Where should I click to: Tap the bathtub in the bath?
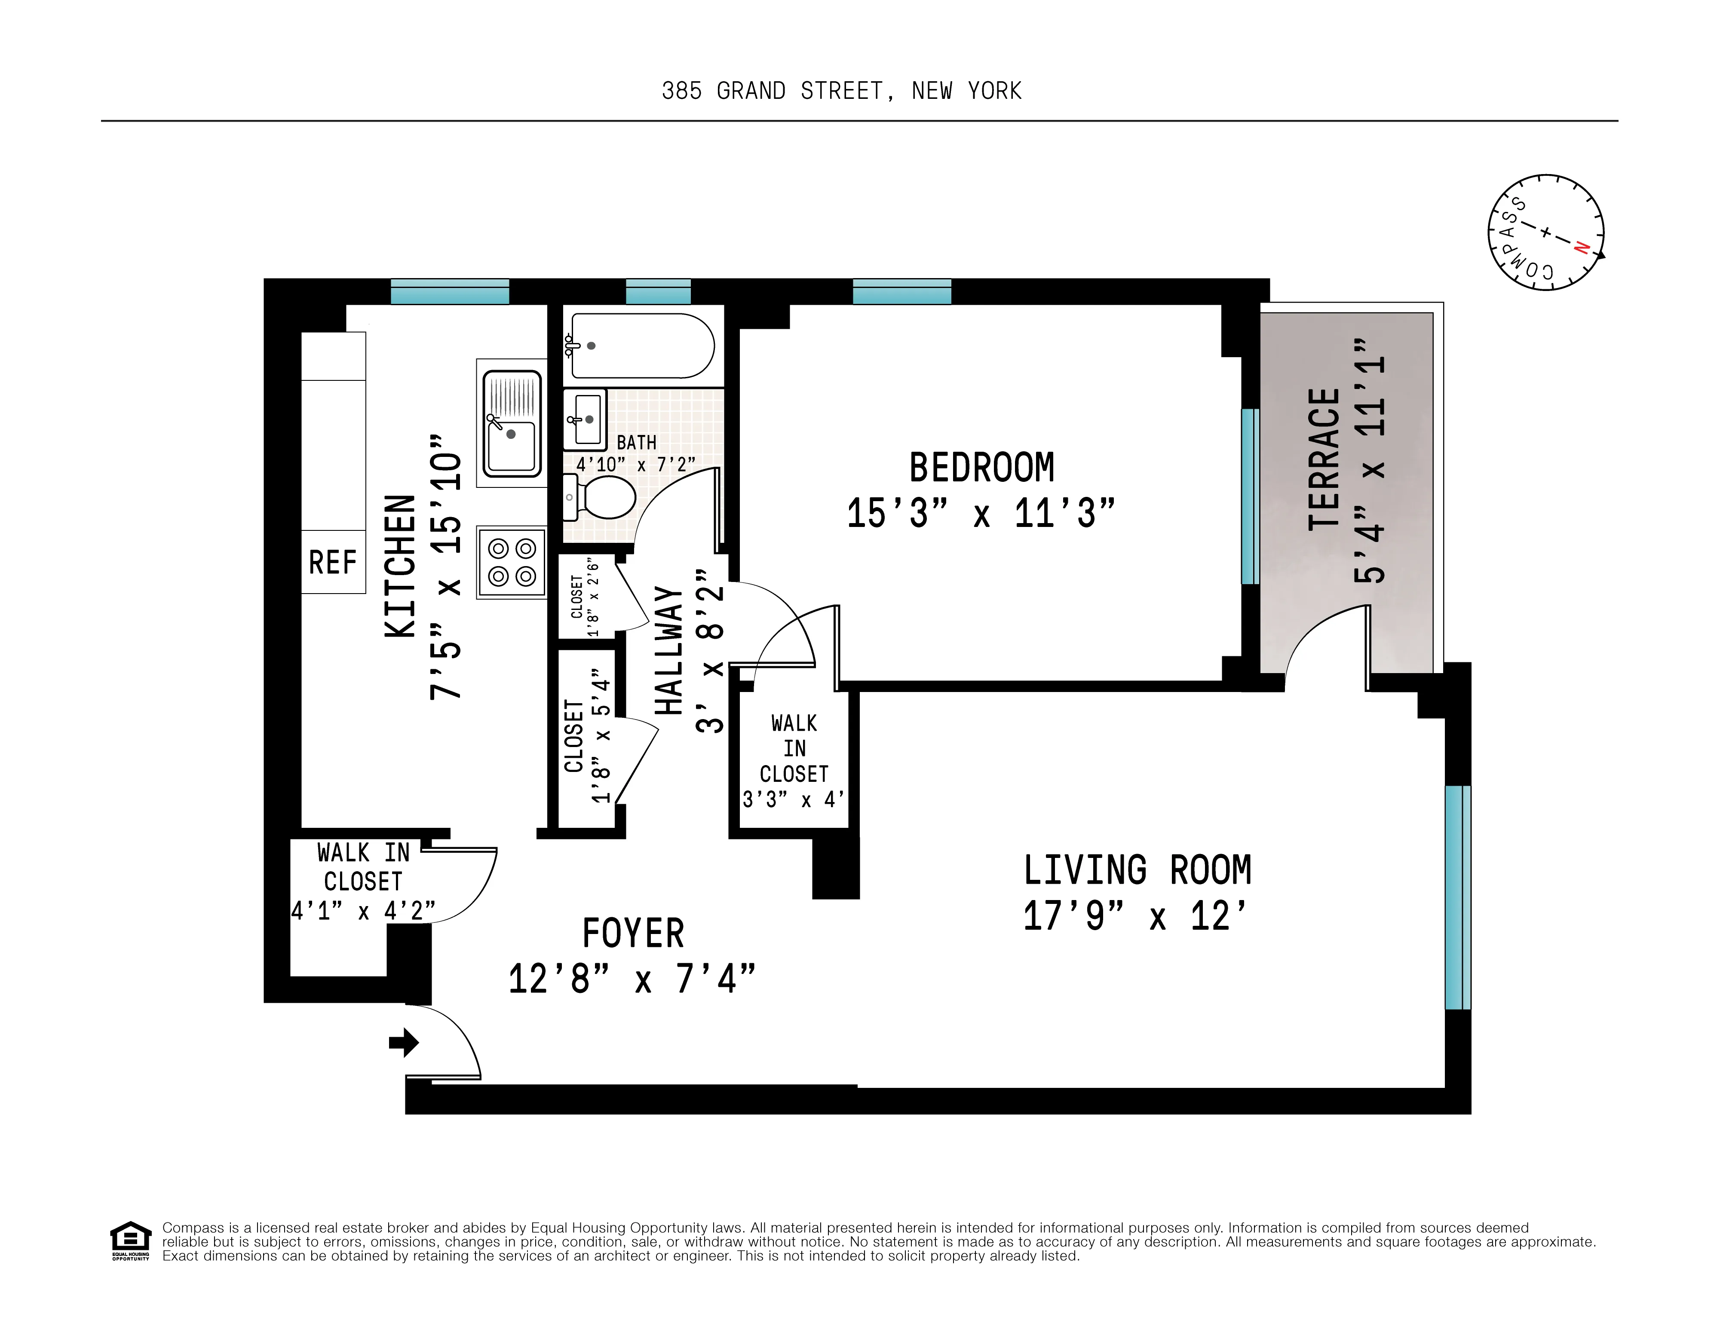pos(642,346)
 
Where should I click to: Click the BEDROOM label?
pos(981,468)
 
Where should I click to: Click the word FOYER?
pos(633,934)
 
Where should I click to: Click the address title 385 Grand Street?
pos(841,91)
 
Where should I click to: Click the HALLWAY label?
pos(668,651)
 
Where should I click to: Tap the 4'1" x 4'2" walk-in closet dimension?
pos(363,911)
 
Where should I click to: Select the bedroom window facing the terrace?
pos(1250,496)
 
